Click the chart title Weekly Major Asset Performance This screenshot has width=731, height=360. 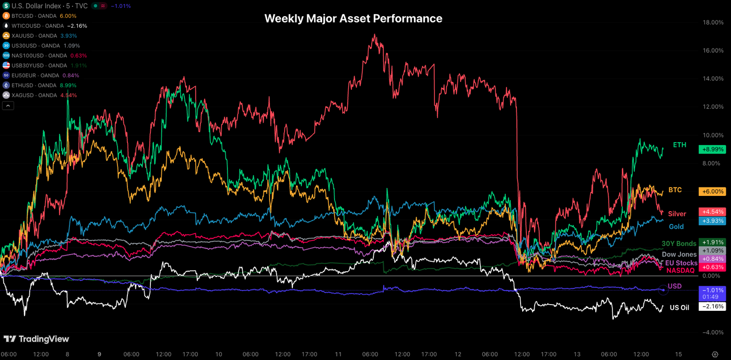(353, 18)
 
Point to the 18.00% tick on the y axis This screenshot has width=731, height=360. (713, 22)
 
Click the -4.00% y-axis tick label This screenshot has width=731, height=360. (713, 332)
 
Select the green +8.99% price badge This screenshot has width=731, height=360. (712, 149)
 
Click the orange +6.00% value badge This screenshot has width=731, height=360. (712, 192)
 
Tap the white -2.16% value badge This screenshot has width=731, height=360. (712, 306)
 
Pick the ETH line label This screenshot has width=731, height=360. (679, 145)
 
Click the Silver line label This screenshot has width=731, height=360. (677, 214)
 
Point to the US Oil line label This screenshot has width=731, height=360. (679, 308)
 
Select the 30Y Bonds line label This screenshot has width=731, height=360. (679, 243)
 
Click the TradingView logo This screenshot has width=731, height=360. (37, 339)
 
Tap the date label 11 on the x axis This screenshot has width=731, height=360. (338, 354)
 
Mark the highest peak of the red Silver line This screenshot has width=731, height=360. (374, 35)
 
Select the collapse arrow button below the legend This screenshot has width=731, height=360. (8, 106)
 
